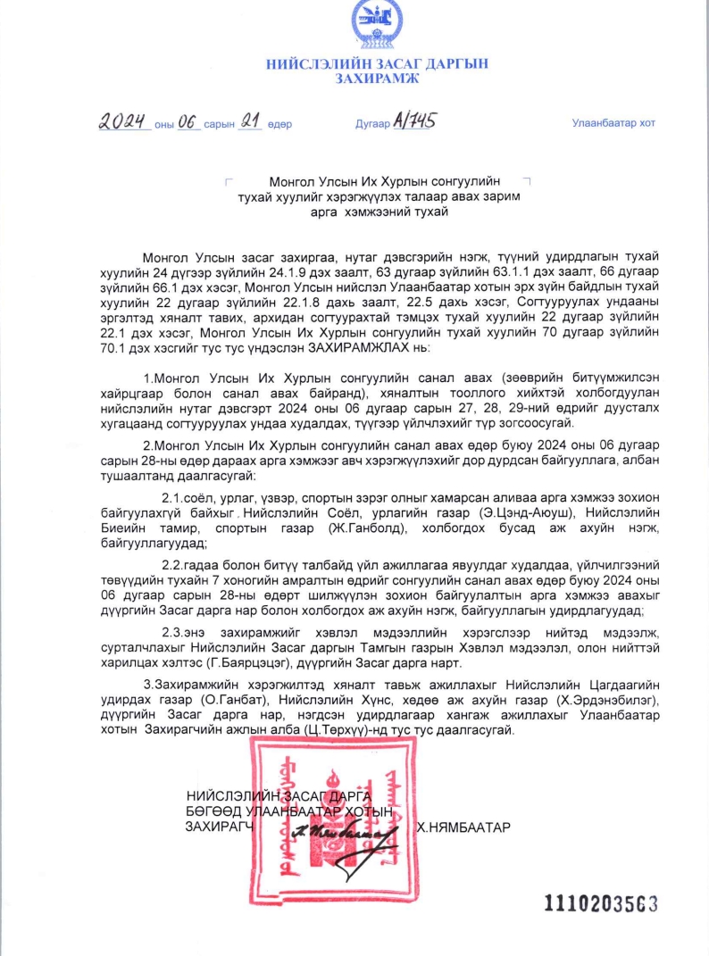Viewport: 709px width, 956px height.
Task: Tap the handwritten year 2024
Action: pos(122,122)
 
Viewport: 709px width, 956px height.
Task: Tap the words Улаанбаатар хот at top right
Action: pos(613,123)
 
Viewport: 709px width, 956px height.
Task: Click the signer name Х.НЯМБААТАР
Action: pos(463,827)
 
